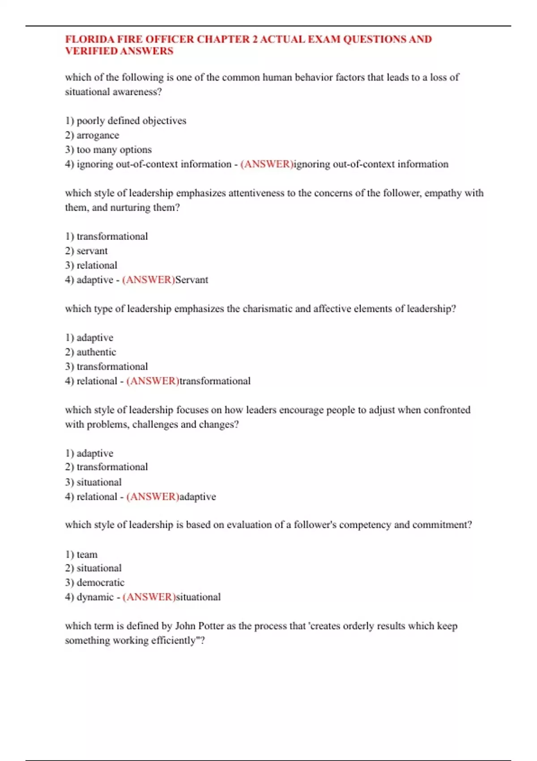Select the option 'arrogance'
tap(98, 135)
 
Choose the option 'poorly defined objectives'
tap(131, 121)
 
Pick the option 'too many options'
tap(114, 150)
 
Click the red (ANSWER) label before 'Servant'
tap(148, 280)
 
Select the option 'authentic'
tap(96, 352)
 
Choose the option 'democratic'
tap(100, 582)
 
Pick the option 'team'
tap(87, 555)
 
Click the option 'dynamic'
tap(95, 597)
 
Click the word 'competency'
tap(365, 525)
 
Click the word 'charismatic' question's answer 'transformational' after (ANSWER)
tap(215, 381)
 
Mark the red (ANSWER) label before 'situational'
tap(149, 597)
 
